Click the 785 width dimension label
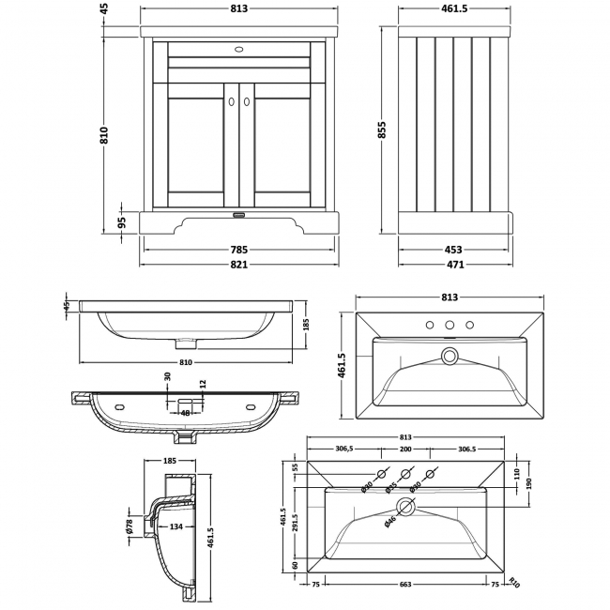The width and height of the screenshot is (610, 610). coord(239,250)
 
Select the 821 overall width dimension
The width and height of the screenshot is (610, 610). coord(239,264)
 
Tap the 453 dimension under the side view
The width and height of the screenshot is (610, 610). coord(453,250)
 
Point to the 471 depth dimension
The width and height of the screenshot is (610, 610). coord(453,264)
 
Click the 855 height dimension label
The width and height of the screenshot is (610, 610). coord(382,132)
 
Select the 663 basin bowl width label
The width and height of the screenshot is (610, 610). coord(405,584)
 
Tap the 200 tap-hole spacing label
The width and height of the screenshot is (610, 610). coord(405,449)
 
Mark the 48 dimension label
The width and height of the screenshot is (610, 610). coord(186,412)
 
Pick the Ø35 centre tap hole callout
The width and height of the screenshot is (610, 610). coord(389,487)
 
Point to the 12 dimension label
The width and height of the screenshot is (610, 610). coord(201,383)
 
